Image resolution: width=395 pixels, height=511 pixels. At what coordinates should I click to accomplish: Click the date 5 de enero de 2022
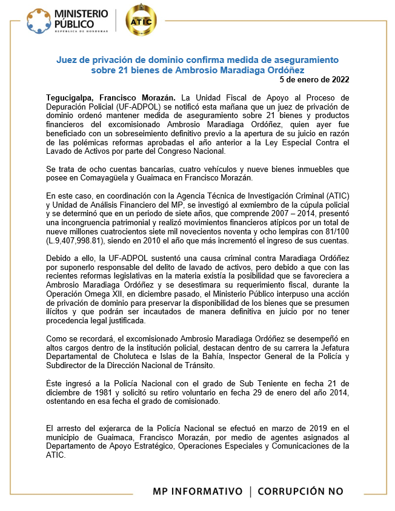(314, 79)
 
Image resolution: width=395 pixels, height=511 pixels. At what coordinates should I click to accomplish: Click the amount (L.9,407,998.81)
(76, 242)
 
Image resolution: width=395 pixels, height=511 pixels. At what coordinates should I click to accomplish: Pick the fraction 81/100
(336, 234)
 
